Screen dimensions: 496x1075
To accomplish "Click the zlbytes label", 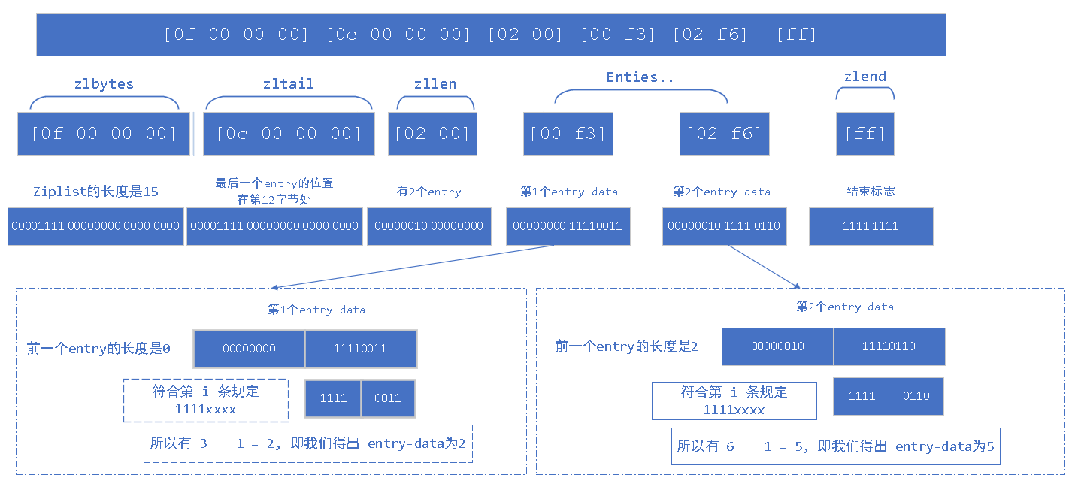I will click(x=104, y=84).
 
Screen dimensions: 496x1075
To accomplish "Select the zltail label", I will click(x=289, y=84).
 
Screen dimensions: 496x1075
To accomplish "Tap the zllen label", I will click(x=435, y=84).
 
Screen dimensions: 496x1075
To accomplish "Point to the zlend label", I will click(x=865, y=77).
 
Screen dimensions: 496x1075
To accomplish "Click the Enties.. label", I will click(x=640, y=77).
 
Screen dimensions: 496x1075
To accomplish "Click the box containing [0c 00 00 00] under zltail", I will click(x=289, y=134).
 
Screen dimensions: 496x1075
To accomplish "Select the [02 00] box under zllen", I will click(x=432, y=134).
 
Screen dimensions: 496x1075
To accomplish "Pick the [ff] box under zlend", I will click(x=865, y=134).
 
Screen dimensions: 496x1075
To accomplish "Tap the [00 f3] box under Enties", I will click(x=568, y=134).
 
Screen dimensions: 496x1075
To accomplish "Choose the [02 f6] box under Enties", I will click(x=724, y=134).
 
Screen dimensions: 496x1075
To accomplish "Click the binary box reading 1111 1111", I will click(x=871, y=226).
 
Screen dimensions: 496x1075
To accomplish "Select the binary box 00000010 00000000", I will click(x=428, y=226).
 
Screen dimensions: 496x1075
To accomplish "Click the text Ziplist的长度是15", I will click(x=95, y=192).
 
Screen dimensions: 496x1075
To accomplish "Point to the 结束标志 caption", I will click(x=871, y=192).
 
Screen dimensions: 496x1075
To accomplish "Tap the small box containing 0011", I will click(x=388, y=398).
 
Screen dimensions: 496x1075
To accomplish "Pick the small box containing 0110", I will click(x=916, y=396).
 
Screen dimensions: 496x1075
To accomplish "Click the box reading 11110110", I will click(x=889, y=346).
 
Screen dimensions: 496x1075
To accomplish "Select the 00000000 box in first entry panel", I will click(x=249, y=349).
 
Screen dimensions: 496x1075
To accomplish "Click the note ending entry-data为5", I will click(x=835, y=446).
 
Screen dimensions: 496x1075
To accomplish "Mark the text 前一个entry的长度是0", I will click(x=98, y=349).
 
